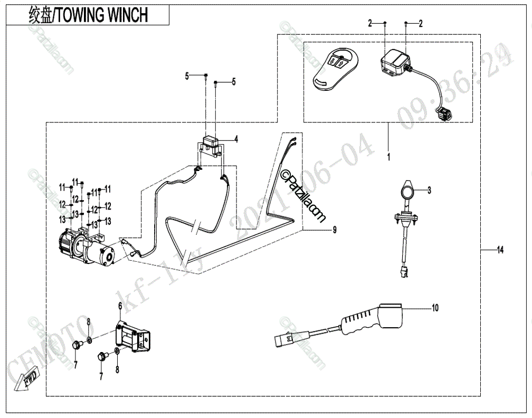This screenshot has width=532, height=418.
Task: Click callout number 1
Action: coord(388,157)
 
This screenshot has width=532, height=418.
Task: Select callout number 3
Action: coord(429,191)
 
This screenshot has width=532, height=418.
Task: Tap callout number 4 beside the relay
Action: coord(236,139)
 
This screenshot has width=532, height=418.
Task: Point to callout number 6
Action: coord(120,306)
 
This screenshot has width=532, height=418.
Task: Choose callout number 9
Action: coord(334,230)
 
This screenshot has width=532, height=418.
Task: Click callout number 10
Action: coord(434,307)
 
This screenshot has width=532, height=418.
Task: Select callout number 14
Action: coord(499,250)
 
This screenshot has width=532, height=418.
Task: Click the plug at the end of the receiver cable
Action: coord(444,113)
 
